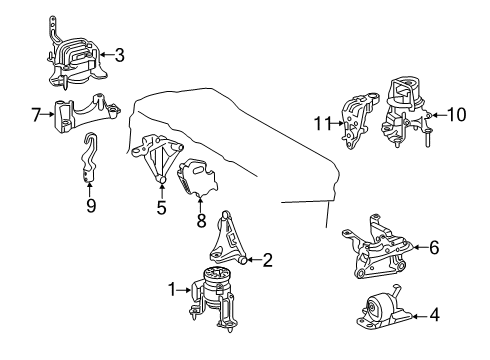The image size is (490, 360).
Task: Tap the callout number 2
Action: tap(267, 261)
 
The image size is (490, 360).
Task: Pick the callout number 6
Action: tap(433, 246)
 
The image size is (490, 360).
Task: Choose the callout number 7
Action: tap(37, 117)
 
